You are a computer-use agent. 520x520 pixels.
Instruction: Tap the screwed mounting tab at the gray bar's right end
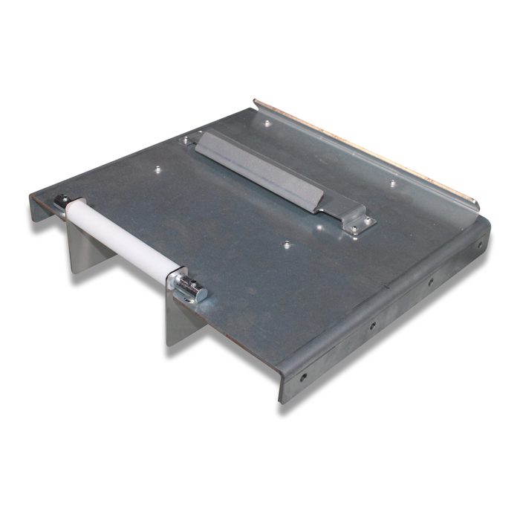click(x=360, y=222)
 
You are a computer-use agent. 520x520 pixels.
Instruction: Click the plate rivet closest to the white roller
click(x=157, y=170)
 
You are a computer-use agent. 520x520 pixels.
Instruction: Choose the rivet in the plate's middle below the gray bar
click(x=286, y=243)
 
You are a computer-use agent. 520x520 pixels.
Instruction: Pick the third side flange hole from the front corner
click(x=430, y=282)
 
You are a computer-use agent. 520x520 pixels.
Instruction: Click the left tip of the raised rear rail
click(x=256, y=101)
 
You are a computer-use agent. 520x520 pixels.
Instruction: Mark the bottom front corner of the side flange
click(x=281, y=402)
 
